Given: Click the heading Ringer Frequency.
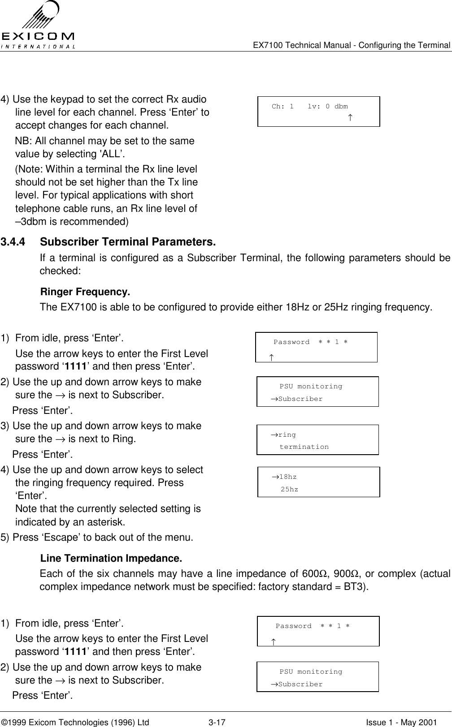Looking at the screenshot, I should [85, 293].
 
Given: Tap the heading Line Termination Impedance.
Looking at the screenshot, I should [111, 559].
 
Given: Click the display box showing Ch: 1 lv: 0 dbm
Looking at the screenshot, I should [319, 111].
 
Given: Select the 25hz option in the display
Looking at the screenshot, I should [289, 489].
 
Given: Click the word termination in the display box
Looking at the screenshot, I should [304, 447].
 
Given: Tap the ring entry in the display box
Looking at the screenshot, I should [287, 434].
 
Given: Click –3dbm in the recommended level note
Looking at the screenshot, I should [31, 222].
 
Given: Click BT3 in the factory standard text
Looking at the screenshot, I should [357, 587].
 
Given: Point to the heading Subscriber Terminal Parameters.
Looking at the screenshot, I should [128, 243].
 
